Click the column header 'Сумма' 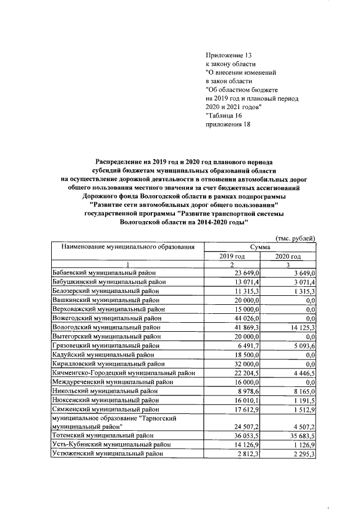pyautogui.click(x=259, y=247)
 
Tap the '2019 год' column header pyautogui.click(x=231, y=256)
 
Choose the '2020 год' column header pyautogui.click(x=288, y=256)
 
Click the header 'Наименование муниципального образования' pyautogui.click(x=124, y=247)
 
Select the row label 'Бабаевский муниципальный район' pyautogui.click(x=103, y=273)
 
